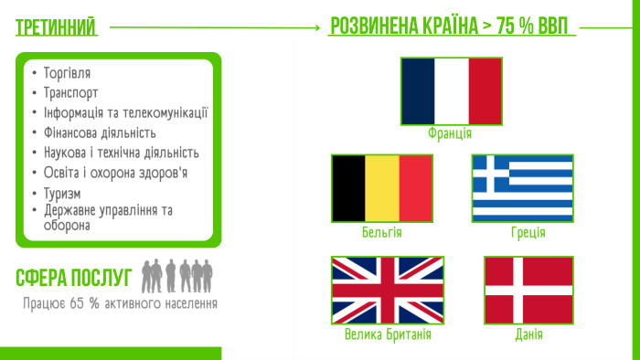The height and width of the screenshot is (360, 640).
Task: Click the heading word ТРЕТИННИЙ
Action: tap(57, 28)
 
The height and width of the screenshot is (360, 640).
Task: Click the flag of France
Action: tap(451, 90)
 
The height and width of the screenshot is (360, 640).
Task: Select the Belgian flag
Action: tap(381, 188)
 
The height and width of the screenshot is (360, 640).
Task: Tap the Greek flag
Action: tap(522, 188)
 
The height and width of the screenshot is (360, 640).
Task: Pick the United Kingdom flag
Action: tap(387, 290)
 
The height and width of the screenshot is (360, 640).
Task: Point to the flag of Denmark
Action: tap(528, 290)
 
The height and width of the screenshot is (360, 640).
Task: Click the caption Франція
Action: tap(450, 133)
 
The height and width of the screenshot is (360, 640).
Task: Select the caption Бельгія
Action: tap(381, 232)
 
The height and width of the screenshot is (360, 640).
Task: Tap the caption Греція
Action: tap(528, 232)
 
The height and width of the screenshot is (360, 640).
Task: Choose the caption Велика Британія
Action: tap(388, 334)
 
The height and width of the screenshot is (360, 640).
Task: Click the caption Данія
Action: tap(528, 334)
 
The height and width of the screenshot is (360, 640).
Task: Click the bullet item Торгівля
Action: tap(67, 72)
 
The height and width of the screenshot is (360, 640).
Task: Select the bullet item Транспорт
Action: tap(70, 92)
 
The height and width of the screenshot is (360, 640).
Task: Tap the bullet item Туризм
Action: tap(62, 193)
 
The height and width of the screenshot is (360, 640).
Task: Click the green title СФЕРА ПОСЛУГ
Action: tap(74, 277)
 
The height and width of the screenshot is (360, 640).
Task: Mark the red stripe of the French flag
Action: tap(485, 90)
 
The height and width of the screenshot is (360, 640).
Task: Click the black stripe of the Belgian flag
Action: tap(348, 188)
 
